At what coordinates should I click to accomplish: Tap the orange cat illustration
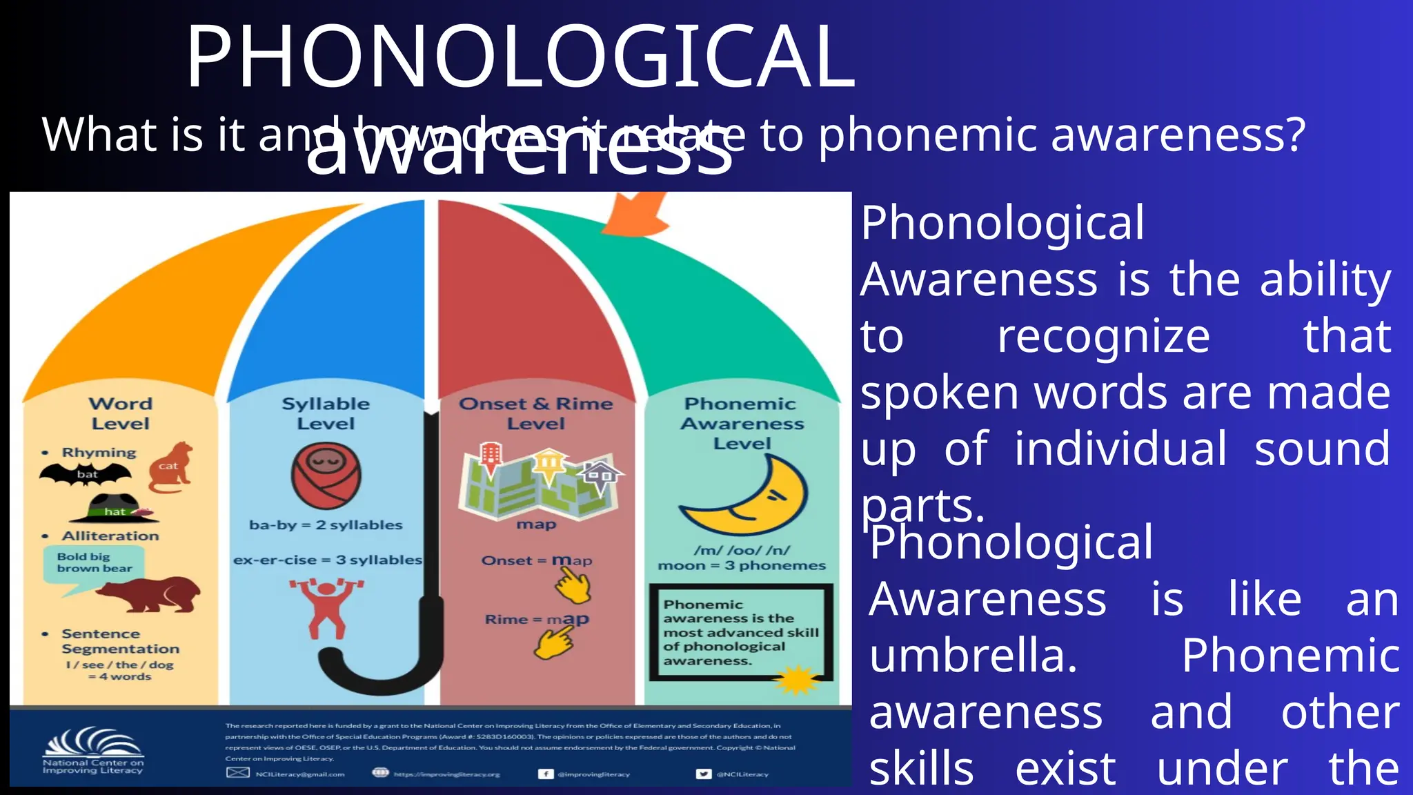170,467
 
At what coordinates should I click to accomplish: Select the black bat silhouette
86,474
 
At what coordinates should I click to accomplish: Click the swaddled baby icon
326,475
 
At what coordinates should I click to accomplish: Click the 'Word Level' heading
121,413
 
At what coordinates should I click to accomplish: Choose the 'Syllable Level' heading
326,413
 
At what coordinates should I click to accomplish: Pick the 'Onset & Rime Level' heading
536,413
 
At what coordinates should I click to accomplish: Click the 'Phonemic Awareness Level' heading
742,423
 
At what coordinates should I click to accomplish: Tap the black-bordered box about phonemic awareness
740,631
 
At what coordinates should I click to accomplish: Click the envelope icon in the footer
238,773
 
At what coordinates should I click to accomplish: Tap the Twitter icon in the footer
703,774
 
